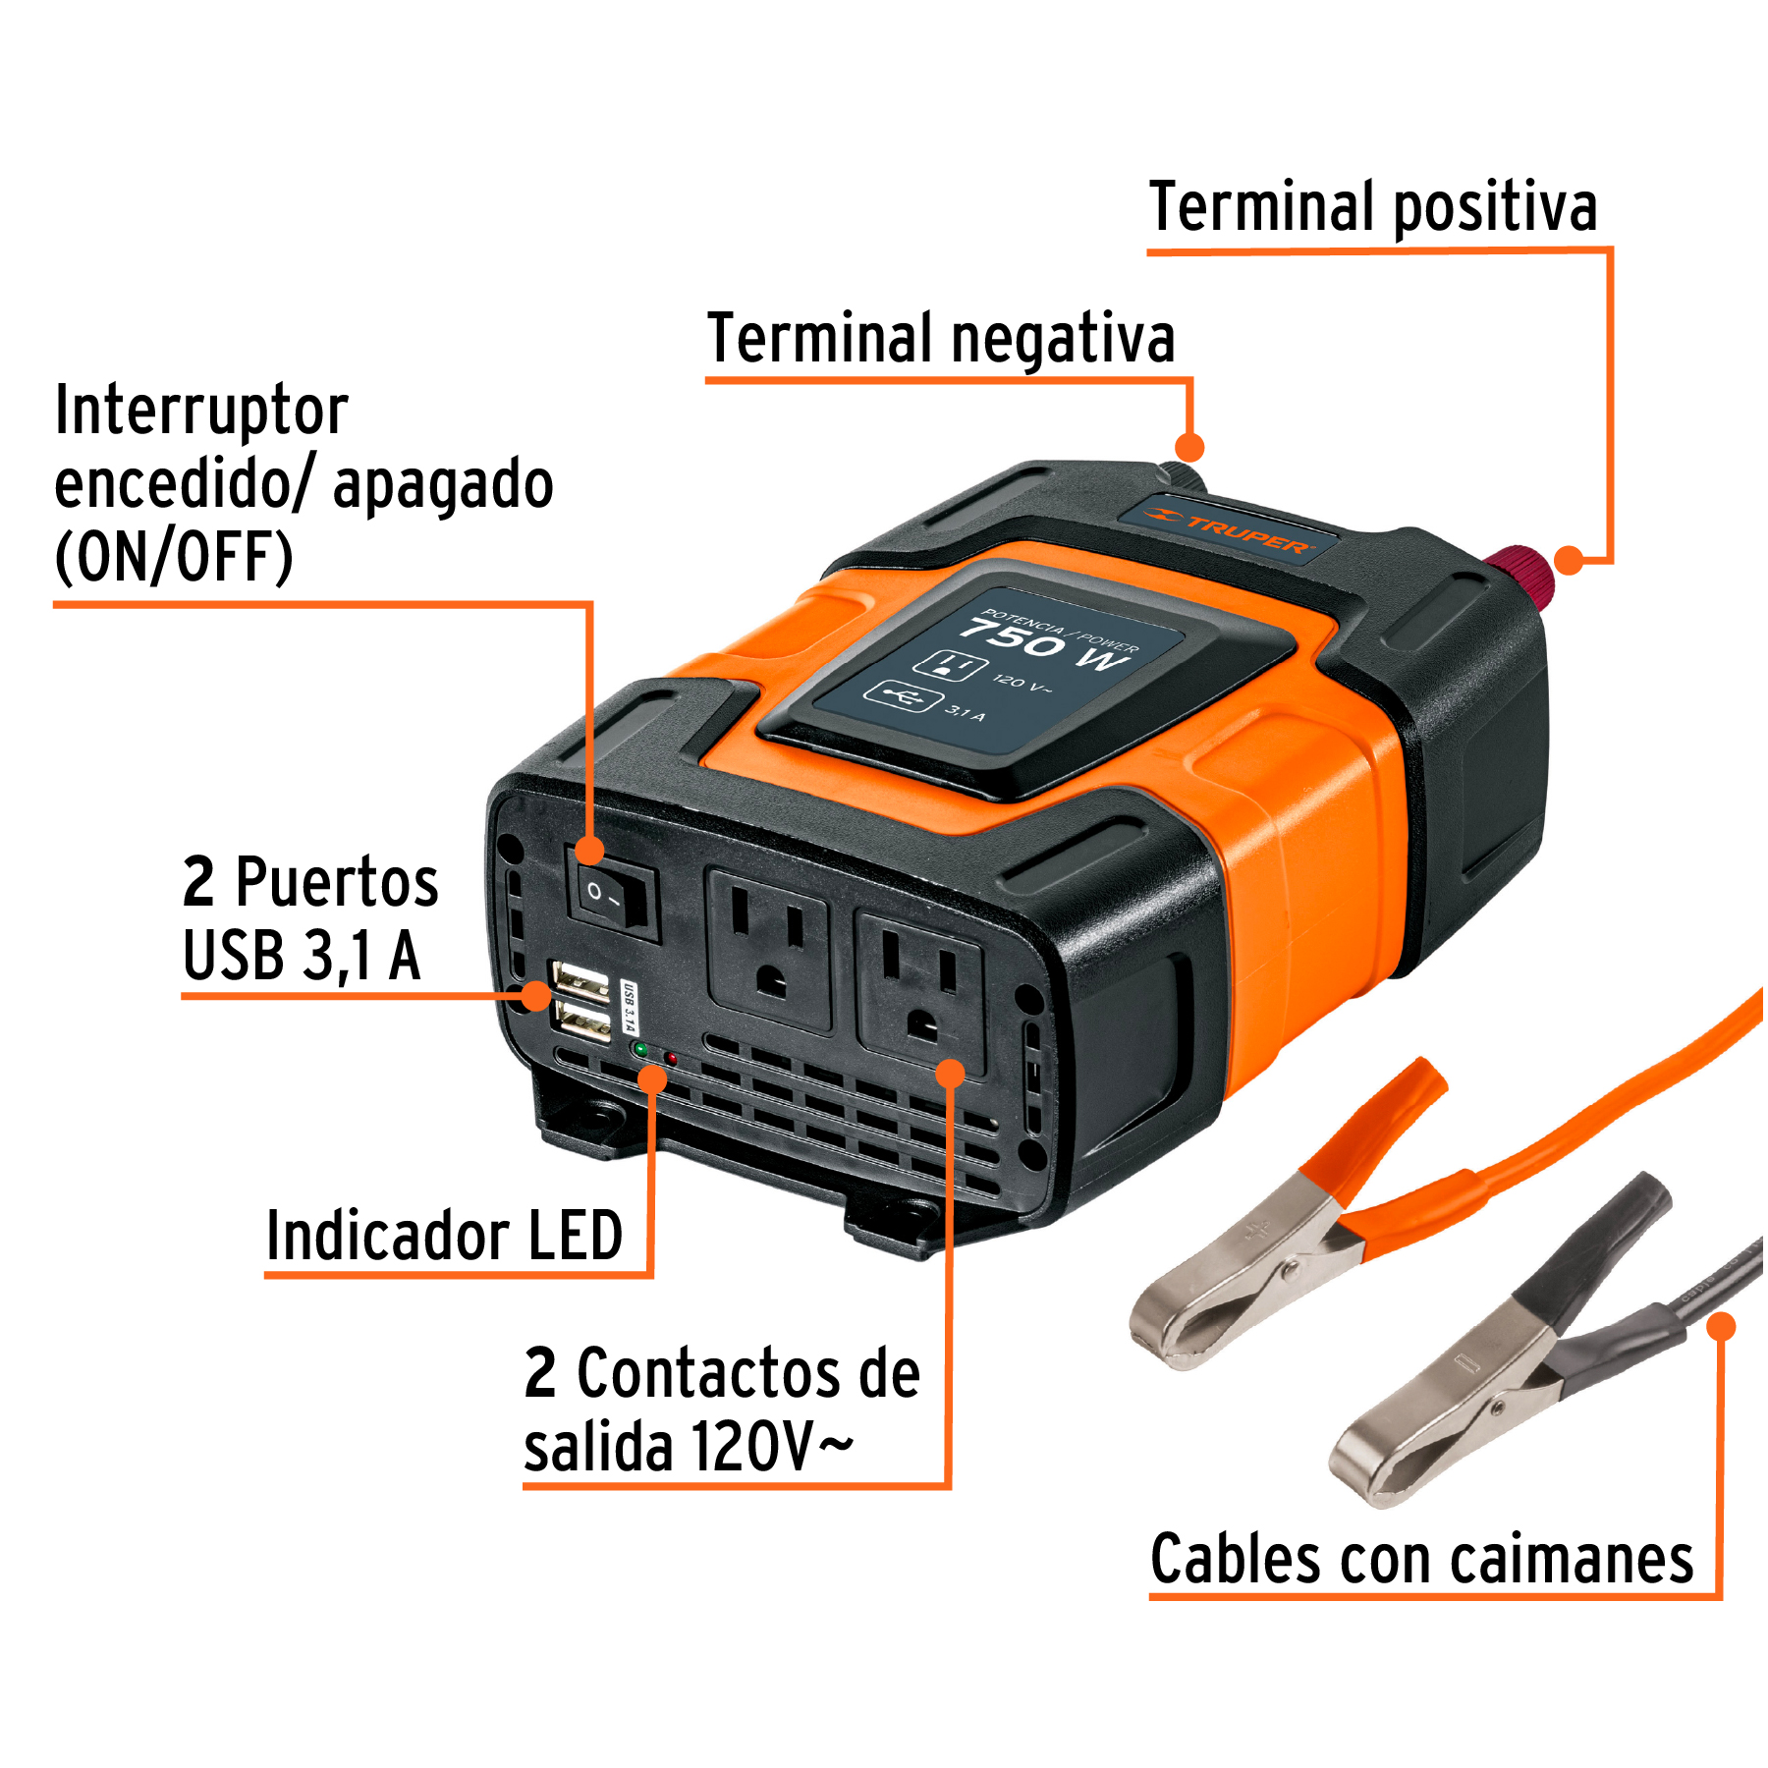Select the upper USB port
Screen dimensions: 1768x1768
tap(580, 980)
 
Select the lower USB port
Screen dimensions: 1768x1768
tap(581, 1023)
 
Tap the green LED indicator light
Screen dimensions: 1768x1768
tap(640, 1049)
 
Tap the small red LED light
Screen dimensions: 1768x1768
tap(672, 1058)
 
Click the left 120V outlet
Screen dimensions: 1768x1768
tap(769, 950)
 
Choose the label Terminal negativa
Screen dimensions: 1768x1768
tap(940, 338)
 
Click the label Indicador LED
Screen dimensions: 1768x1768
tap(444, 1236)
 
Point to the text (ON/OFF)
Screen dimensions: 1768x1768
tap(174, 557)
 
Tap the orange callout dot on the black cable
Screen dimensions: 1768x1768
tap(1721, 1326)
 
